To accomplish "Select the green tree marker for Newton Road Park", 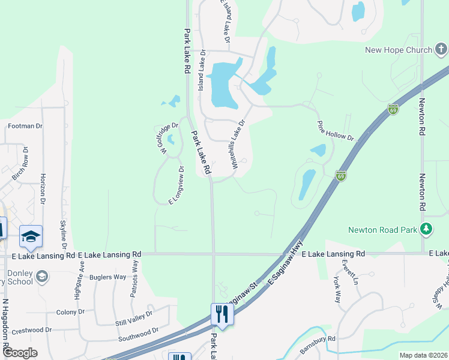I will coord(426,229).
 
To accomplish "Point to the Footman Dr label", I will coord(25,127).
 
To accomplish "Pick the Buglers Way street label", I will coord(107,277).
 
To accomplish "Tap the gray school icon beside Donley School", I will coord(41,276).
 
